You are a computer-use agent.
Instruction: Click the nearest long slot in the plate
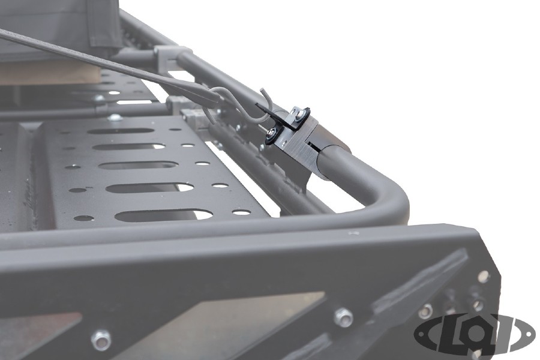coord(163,215)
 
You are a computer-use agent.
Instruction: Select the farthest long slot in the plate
coord(120,130)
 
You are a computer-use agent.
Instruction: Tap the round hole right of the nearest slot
coord(241,212)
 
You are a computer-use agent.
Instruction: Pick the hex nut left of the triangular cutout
coord(101,340)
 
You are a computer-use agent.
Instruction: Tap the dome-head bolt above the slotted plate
coord(115,118)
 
